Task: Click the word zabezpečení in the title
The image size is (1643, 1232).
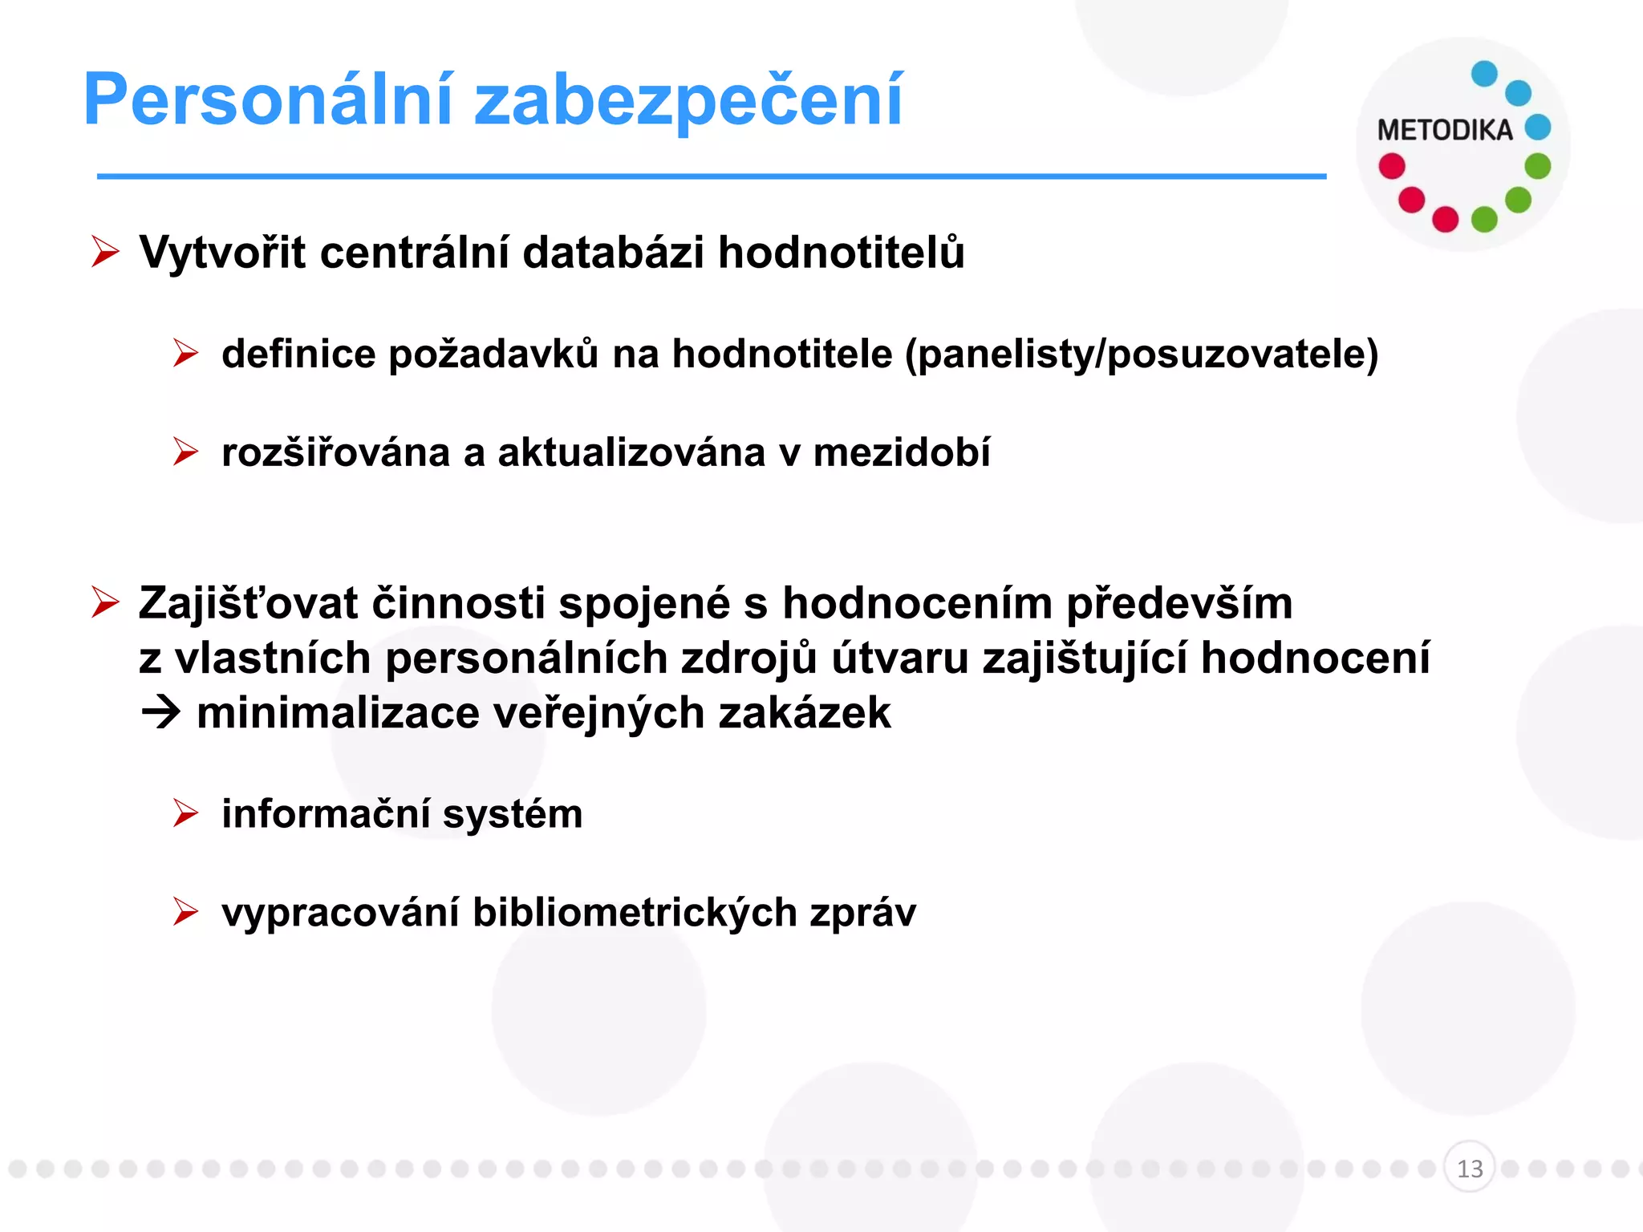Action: pos(688,100)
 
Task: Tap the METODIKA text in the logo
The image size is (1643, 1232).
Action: pos(1444,130)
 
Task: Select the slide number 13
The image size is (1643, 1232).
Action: pos(1469,1168)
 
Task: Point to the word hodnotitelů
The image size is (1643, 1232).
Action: pos(841,253)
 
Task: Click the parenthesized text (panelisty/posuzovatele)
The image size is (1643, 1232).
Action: pos(1142,354)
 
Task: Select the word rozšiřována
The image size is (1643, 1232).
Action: pos(335,452)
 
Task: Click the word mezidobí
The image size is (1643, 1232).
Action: pos(902,452)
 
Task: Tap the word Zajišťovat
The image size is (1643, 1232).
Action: pos(248,603)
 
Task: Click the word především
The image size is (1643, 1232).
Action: pos(1178,603)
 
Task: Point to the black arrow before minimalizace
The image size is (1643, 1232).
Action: pos(160,713)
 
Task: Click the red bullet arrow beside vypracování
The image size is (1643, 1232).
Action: pos(185,912)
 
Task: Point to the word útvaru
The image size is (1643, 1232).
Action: pos(900,659)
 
